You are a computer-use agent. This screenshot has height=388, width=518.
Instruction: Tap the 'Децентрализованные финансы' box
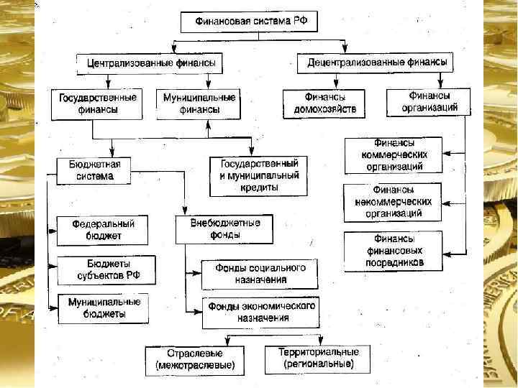pos(376,63)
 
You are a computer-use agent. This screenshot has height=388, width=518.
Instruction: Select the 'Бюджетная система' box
pos(89,170)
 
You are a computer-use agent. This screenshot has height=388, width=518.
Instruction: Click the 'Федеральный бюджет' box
pos(101,230)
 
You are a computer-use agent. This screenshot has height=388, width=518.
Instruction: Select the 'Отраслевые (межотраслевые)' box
pos(194,360)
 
